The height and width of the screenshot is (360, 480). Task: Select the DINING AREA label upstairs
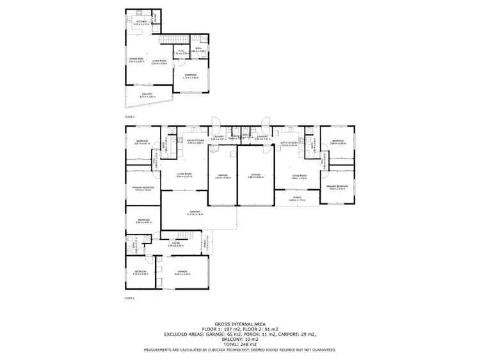[137, 61]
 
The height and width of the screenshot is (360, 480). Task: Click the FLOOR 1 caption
[130, 297]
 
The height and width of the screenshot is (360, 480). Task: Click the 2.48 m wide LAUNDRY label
[218, 137]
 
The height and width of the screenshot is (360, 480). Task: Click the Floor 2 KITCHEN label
[142, 22]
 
